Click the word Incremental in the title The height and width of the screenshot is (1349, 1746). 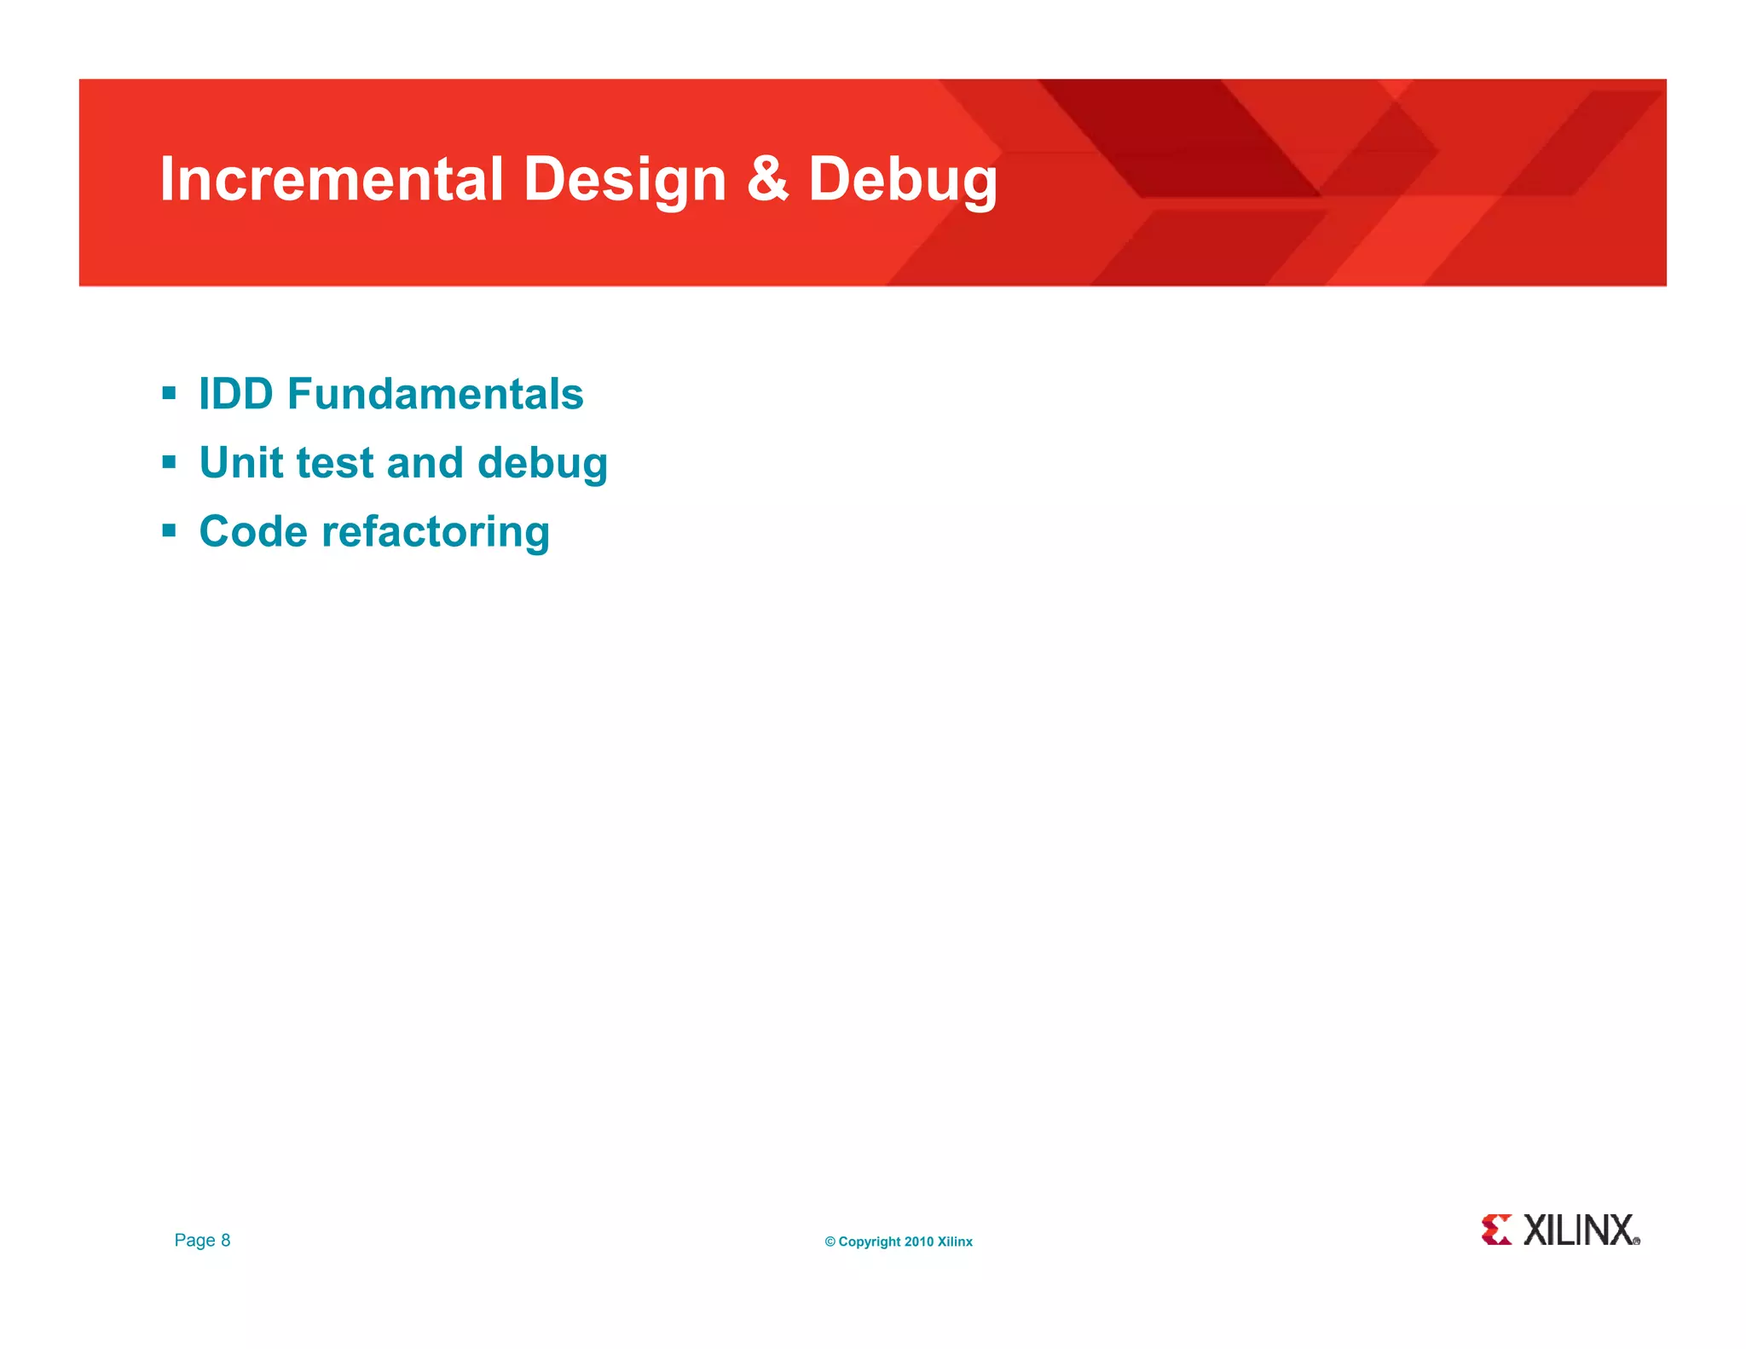click(x=332, y=179)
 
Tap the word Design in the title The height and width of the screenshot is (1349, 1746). click(x=624, y=179)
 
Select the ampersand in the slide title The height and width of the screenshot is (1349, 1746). click(x=767, y=179)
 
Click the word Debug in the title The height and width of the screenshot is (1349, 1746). click(x=903, y=181)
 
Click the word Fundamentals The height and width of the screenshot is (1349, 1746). click(x=435, y=394)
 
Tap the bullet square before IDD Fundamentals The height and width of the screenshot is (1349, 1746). click(x=169, y=394)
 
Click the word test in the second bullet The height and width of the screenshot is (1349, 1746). click(x=335, y=464)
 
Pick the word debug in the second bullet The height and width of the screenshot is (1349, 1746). click(x=542, y=464)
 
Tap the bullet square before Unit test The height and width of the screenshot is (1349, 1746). click(x=169, y=462)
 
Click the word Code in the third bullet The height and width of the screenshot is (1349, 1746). click(x=252, y=532)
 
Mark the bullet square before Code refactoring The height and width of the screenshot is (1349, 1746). click(x=169, y=531)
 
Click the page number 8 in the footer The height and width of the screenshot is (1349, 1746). click(x=226, y=1240)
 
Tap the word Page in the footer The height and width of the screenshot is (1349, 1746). click(x=194, y=1241)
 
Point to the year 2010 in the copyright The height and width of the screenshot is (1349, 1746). click(x=919, y=1242)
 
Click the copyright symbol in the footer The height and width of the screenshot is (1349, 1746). click(x=830, y=1242)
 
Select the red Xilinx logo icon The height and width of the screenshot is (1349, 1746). click(x=1496, y=1230)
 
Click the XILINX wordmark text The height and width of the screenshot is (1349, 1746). click(x=1579, y=1230)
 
